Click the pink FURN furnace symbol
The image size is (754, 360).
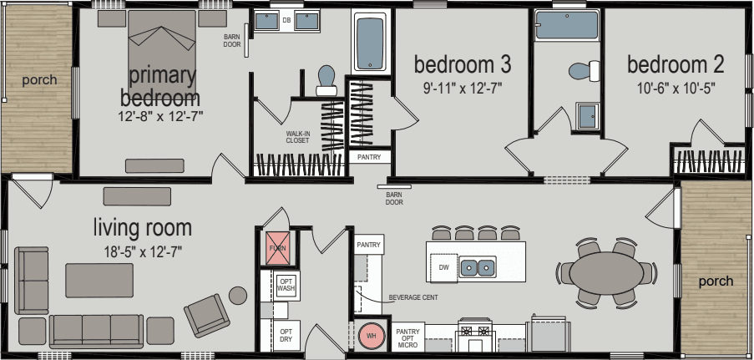276,248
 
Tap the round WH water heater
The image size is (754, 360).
368,335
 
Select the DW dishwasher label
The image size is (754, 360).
443,267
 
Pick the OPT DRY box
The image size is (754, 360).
286,335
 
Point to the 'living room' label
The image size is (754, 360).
142,227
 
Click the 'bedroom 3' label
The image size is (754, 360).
463,64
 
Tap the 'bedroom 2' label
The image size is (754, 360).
675,64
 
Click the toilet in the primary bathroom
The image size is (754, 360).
326,79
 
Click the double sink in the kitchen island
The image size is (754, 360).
478,267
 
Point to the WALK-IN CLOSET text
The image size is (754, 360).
297,136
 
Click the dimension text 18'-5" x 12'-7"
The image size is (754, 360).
142,250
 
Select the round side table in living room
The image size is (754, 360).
238,294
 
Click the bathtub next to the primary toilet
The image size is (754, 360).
369,43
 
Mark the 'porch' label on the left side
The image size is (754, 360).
39,80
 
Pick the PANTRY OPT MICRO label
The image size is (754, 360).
407,337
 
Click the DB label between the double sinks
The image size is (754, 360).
286,21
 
